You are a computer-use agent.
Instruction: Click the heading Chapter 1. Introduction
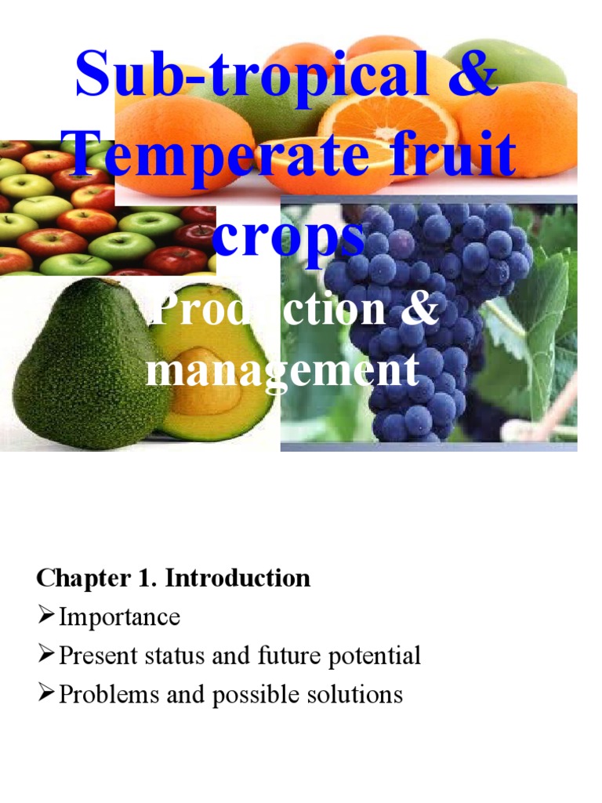click(173, 579)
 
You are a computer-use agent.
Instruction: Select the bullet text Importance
click(119, 617)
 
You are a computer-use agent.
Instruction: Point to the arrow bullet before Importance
click(46, 617)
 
